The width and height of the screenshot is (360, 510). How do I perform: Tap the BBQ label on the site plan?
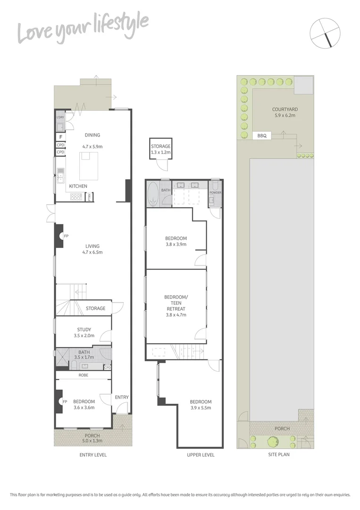[262, 136]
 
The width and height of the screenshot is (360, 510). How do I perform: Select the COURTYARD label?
[285, 109]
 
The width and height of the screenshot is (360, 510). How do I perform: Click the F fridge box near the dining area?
[60, 137]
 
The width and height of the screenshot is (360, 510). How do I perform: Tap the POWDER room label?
[215, 193]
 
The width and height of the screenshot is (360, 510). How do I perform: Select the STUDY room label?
[84, 330]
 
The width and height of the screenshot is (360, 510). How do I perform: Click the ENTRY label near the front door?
[122, 397]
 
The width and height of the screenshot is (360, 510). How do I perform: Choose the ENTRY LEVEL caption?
[92, 455]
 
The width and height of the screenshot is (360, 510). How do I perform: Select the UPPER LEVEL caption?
[201, 455]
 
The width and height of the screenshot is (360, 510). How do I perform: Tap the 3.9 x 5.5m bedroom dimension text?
[201, 408]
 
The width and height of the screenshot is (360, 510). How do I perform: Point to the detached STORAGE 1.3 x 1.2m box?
[160, 149]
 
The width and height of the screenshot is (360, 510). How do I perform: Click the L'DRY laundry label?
[60, 117]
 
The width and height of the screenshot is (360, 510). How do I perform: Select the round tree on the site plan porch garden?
[273, 442]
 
